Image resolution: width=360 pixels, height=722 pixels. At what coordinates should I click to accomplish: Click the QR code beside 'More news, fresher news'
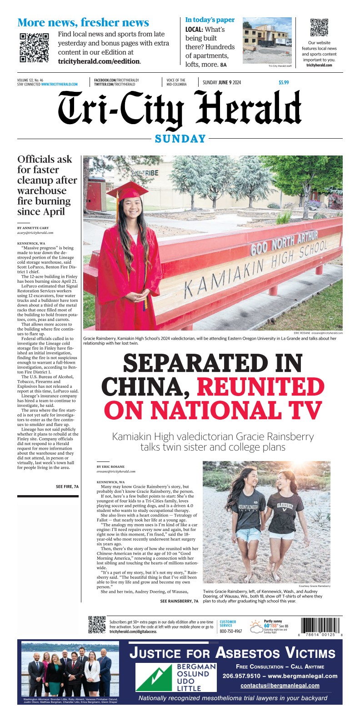[34, 48]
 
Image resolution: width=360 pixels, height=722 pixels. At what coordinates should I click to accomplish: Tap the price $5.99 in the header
[284, 83]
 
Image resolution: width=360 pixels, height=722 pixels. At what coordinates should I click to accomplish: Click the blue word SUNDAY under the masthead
[180, 139]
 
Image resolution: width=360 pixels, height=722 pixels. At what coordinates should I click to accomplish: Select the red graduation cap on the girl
[127, 191]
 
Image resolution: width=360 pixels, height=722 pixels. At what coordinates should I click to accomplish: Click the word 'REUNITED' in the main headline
[260, 386]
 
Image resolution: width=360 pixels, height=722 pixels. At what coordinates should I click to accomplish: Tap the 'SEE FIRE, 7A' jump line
[67, 486]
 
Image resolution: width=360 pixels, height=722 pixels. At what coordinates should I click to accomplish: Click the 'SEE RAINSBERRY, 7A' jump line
[179, 601]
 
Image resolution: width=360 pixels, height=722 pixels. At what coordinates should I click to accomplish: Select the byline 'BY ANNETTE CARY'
[33, 228]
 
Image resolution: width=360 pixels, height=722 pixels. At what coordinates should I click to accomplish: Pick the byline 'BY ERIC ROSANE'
[110, 466]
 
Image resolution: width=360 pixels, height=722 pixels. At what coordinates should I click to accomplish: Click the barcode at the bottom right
[320, 626]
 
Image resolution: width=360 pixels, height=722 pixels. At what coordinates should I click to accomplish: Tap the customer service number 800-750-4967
[231, 631]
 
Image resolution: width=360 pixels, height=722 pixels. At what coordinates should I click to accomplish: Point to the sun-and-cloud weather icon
[256, 627]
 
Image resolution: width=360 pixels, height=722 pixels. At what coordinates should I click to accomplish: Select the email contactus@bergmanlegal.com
[280, 686]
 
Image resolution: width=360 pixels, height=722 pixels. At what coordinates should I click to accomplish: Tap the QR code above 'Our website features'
[319, 27]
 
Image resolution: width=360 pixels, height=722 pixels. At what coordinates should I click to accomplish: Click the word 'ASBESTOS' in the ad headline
[248, 653]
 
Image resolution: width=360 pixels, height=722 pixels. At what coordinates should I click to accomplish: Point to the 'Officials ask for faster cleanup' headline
[47, 186]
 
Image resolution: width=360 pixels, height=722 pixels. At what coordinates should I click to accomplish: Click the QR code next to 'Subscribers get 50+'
[97, 625]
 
